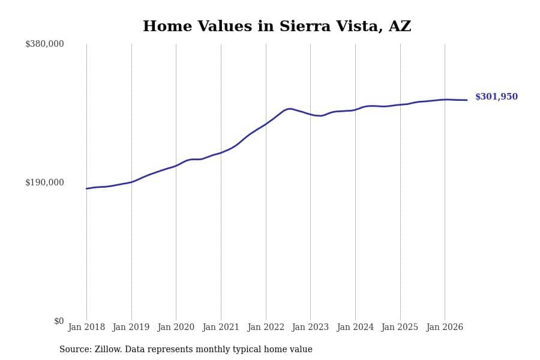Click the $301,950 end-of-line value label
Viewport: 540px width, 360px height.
[x=496, y=97]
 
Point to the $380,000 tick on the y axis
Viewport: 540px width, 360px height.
[x=44, y=44]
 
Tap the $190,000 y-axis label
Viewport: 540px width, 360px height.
[x=44, y=182]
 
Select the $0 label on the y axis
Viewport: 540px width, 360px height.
[x=59, y=321]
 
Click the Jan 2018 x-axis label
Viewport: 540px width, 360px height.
[x=86, y=327]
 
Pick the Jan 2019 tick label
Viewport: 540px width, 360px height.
[x=131, y=327]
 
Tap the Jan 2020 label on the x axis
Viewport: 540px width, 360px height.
[x=176, y=327]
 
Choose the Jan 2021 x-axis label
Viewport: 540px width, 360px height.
[x=221, y=327]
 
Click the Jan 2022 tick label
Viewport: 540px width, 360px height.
[x=266, y=327]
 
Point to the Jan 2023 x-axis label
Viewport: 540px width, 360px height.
[x=310, y=327]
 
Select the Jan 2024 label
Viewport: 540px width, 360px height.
[x=355, y=327]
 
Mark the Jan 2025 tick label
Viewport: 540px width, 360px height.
[x=400, y=327]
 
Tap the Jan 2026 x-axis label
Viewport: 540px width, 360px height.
[x=445, y=327]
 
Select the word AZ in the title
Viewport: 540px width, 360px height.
[x=400, y=26]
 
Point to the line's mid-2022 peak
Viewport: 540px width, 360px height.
[x=290, y=109]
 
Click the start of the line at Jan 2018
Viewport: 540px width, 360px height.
[x=86, y=189]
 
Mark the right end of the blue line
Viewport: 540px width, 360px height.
[x=467, y=100]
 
